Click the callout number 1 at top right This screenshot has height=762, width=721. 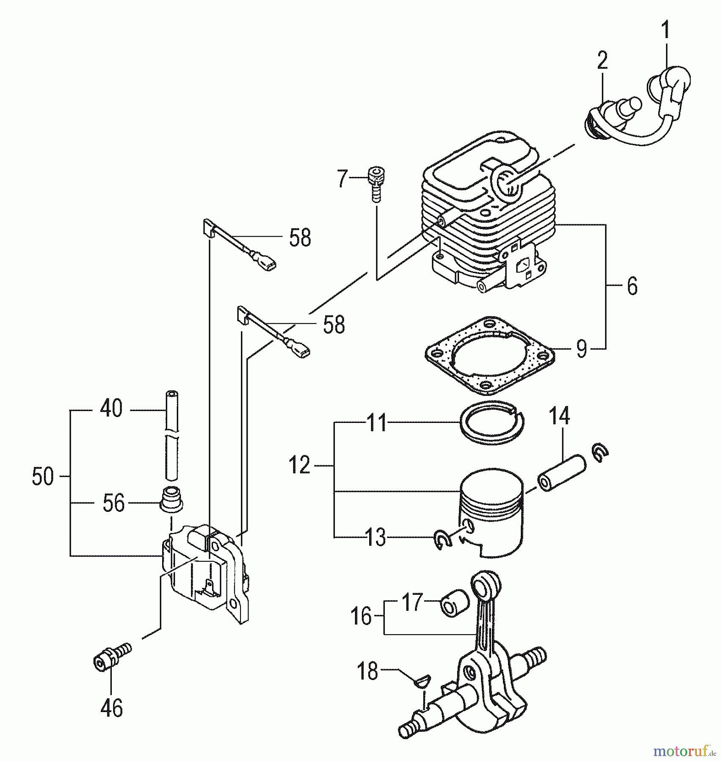point(666,29)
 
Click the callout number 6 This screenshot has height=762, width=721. point(632,287)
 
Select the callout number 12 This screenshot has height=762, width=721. point(300,465)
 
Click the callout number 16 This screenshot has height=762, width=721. point(361,616)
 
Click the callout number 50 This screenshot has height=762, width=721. point(43,477)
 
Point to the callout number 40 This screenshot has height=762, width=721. point(111,409)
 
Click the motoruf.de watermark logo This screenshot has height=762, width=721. point(684,751)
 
